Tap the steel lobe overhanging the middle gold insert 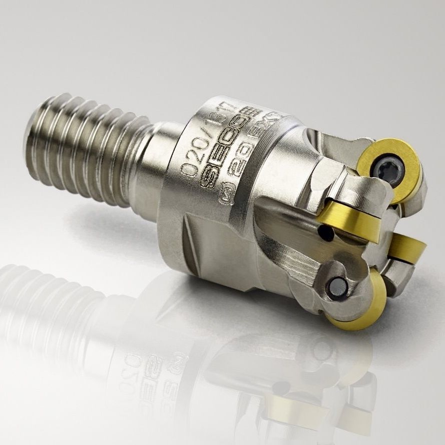coord(350,193)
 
